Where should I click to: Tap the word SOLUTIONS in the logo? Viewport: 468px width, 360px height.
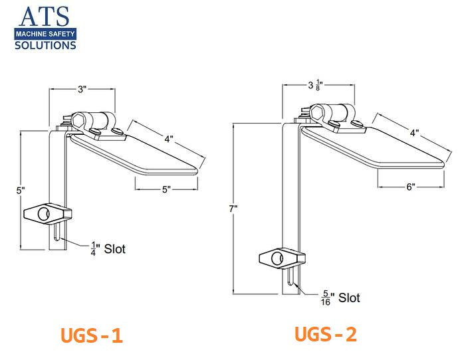46,45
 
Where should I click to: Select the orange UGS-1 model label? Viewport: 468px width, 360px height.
92,335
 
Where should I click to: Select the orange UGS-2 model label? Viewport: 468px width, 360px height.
326,334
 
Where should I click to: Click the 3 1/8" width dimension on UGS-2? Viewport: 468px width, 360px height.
316,86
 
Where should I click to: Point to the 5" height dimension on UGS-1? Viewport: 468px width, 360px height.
21,190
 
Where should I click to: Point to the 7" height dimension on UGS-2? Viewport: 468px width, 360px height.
233,209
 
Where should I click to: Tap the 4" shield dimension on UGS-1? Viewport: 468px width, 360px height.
170,139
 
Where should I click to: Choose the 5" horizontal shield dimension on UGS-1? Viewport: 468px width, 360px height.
166,189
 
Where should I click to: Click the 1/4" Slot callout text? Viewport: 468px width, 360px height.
108,249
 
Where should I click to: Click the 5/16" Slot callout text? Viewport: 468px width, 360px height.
340,298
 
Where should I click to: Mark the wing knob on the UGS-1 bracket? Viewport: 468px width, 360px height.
47,213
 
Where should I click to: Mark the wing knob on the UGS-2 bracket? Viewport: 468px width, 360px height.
282,258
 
